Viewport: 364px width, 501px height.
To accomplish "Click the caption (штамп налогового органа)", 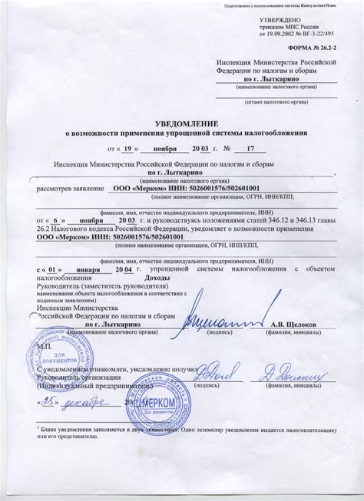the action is [275, 101].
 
